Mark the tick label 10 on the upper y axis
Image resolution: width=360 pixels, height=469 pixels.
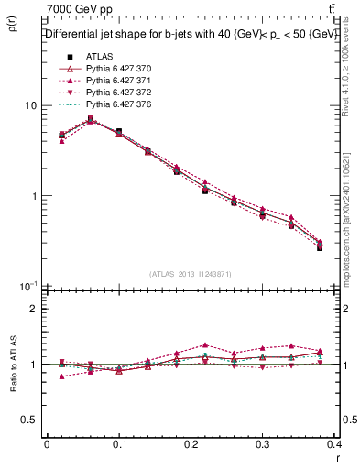30,106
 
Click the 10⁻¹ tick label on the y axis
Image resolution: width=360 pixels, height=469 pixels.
27,287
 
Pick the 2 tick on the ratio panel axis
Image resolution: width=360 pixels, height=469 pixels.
34,309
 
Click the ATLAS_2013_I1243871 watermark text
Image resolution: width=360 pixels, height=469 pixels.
191,275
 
